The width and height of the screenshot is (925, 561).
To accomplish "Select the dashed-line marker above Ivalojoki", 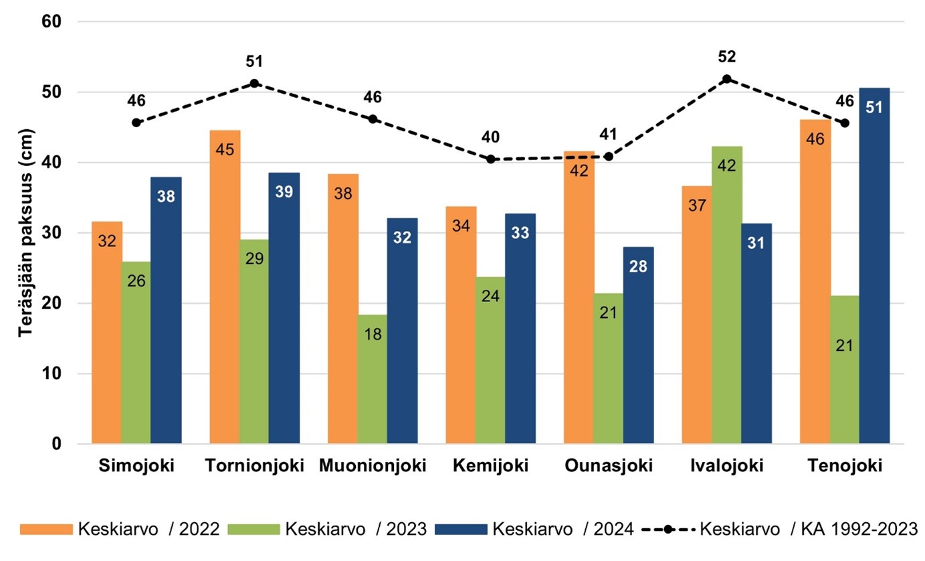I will pos(727,78).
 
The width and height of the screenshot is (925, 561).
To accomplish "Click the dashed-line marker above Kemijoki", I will pos(491,159).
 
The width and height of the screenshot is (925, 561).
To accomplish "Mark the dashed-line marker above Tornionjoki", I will pos(254,83).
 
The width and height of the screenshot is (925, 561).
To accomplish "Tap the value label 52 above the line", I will pos(727,58).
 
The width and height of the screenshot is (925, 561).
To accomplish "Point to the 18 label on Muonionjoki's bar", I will pos(373,333).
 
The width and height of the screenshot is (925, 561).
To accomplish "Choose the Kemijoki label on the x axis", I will pos(491,465).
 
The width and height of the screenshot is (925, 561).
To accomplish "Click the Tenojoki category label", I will pos(845,465).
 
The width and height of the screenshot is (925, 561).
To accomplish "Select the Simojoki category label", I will pos(136,465).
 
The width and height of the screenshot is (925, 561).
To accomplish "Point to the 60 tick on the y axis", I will pos(52,22).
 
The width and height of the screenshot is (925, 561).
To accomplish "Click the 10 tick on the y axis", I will pos(52,374).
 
